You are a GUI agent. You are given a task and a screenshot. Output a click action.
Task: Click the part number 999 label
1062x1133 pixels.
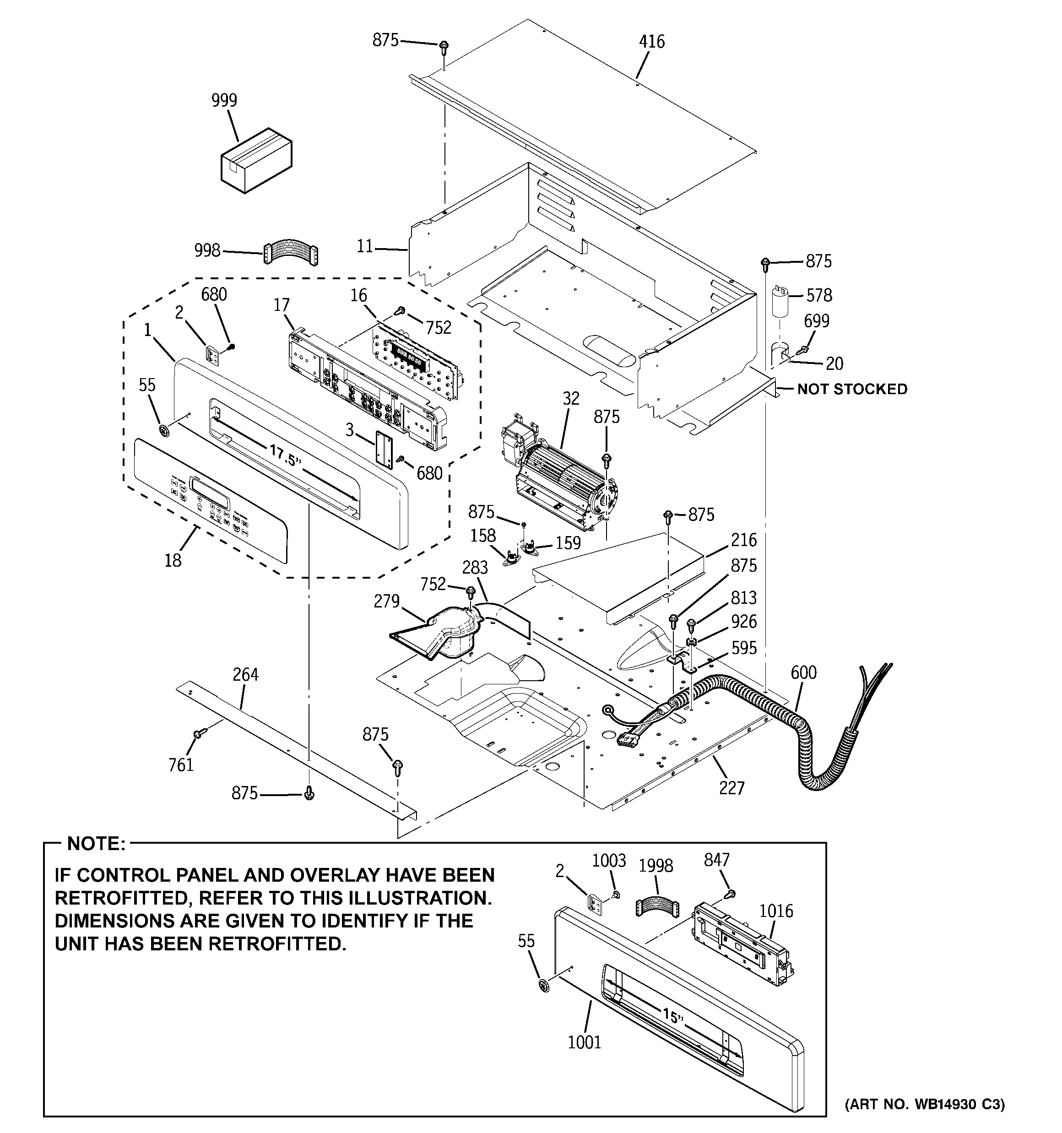224,100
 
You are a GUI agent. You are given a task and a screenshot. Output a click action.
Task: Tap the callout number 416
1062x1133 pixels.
651,42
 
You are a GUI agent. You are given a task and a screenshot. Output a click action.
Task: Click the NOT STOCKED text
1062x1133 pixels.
851,389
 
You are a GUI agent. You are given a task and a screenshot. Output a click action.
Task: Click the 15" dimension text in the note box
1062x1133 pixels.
672,1016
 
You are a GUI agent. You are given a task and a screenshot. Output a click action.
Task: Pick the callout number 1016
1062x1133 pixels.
776,911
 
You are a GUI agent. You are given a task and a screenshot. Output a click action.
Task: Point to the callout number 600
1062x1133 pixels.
803,672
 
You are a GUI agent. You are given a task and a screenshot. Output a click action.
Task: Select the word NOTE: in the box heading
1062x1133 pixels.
96,844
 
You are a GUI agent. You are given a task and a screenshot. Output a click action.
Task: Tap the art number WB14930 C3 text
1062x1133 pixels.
924,1105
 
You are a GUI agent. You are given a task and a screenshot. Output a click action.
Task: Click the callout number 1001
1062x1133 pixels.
584,1042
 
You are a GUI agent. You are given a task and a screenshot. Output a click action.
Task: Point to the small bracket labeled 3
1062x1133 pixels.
384,450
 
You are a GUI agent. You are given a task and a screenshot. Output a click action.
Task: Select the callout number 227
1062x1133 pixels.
731,788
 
